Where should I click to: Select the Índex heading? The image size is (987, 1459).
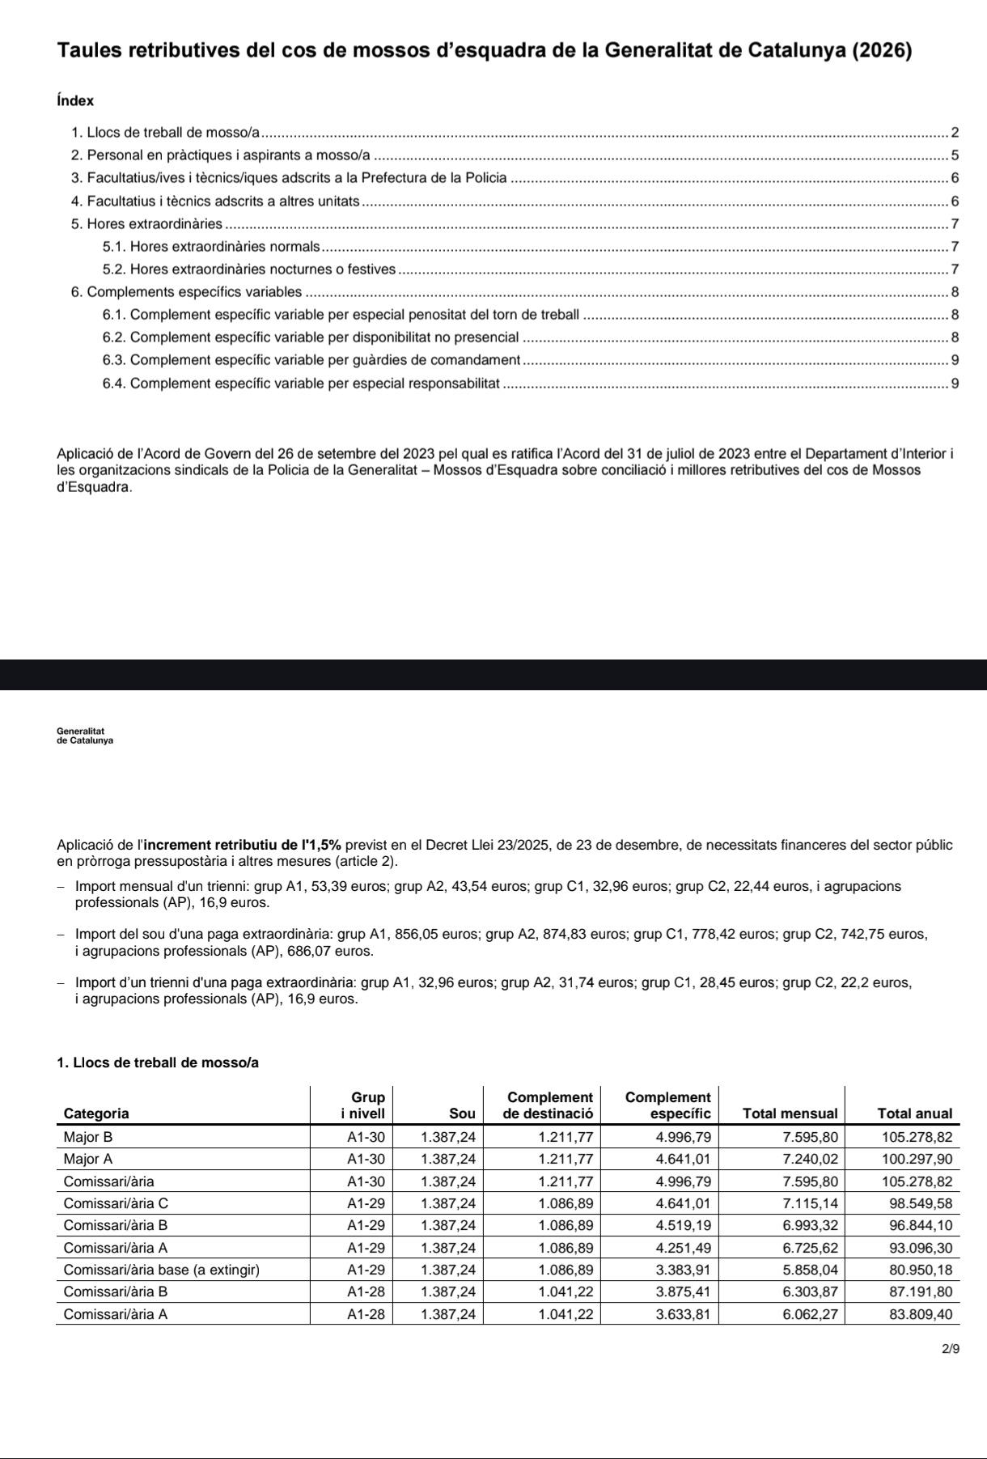click(75, 101)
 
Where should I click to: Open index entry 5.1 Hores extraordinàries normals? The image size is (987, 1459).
click(212, 246)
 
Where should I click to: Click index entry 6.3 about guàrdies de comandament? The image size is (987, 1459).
click(311, 359)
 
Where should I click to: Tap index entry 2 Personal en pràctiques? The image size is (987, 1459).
click(221, 155)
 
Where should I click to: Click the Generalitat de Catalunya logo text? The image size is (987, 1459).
click(85, 736)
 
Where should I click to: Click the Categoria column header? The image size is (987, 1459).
click(95, 1113)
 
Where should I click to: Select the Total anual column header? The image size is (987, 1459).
click(914, 1113)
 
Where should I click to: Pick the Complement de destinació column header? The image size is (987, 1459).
click(549, 1105)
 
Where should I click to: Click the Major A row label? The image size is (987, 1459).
click(88, 1158)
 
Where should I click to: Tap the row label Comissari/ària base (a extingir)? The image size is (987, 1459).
click(162, 1270)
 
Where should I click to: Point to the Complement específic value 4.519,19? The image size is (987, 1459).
click(683, 1225)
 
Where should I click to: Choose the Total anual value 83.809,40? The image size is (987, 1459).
click(921, 1314)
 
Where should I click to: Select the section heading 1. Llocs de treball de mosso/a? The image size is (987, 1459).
click(158, 1062)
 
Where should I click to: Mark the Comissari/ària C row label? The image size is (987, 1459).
click(116, 1202)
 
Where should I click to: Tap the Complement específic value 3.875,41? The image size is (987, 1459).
click(683, 1291)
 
